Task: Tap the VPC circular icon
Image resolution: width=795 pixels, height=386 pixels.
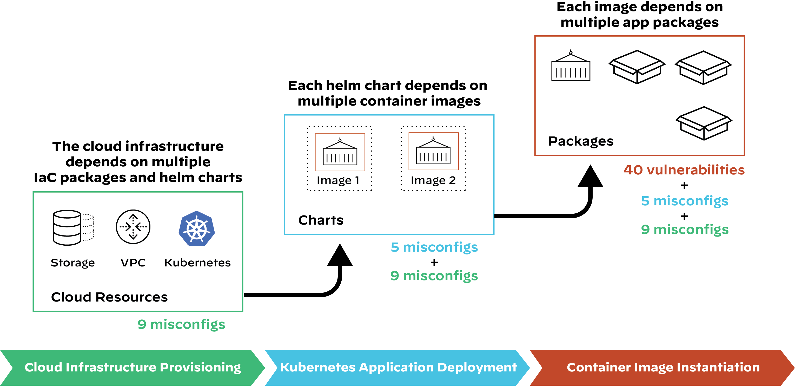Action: [133, 227]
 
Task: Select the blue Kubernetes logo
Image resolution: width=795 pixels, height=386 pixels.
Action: [197, 228]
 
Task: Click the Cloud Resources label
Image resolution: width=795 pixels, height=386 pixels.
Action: [109, 297]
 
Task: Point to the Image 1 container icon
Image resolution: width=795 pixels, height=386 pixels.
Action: [340, 152]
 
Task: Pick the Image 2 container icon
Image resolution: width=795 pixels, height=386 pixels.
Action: [433, 151]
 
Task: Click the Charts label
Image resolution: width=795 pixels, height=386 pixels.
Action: [321, 220]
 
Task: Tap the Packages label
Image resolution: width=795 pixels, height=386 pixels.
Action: [581, 141]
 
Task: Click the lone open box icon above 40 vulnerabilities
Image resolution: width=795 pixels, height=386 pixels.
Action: [704, 123]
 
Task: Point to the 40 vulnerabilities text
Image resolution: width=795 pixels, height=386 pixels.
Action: [684, 170]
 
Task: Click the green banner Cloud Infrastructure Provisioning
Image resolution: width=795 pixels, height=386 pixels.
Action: [133, 368]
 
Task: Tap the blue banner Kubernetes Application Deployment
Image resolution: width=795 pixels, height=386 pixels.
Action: [398, 368]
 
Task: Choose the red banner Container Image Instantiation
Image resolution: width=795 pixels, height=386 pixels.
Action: [663, 368]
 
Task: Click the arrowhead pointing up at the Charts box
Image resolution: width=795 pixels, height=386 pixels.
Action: [340, 256]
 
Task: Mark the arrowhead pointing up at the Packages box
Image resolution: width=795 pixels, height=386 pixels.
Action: [590, 177]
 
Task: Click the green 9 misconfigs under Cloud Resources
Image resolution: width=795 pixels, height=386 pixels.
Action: [181, 324]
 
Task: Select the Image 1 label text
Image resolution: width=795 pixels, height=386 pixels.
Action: [338, 180]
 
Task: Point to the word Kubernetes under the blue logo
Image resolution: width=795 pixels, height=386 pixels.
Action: [197, 263]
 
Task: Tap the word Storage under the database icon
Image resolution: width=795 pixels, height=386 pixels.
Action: [72, 263]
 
